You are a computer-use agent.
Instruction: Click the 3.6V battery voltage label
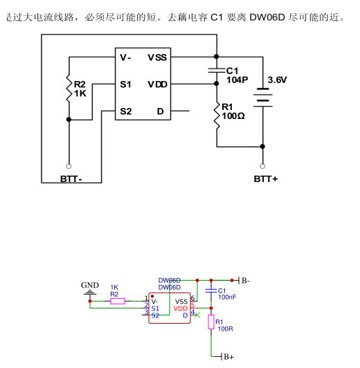click(x=277, y=80)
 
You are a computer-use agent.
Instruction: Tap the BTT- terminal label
click(x=71, y=179)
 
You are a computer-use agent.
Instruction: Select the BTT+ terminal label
click(x=266, y=179)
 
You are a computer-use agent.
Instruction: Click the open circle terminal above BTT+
click(x=262, y=166)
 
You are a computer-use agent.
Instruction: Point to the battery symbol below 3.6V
click(x=263, y=98)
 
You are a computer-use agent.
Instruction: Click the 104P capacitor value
click(x=237, y=80)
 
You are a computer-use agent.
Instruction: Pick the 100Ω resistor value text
click(x=233, y=116)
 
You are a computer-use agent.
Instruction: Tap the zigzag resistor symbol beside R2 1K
click(x=69, y=89)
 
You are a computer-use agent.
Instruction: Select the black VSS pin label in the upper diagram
click(x=157, y=57)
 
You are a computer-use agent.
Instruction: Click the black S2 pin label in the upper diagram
click(x=126, y=111)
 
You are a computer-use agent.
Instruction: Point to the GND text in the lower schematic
click(x=90, y=286)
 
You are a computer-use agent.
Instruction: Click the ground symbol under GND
click(x=90, y=293)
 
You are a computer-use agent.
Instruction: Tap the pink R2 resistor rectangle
click(x=118, y=301)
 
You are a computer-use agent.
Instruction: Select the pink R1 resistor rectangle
click(x=211, y=322)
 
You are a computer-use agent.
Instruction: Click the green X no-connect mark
click(x=197, y=315)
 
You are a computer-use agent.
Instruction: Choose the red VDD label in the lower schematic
click(x=181, y=309)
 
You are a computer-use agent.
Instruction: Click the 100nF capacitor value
click(x=227, y=297)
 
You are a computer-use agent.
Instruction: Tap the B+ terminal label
click(x=229, y=357)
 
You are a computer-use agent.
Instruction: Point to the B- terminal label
click(x=246, y=280)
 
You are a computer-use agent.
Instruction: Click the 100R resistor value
click(x=225, y=329)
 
